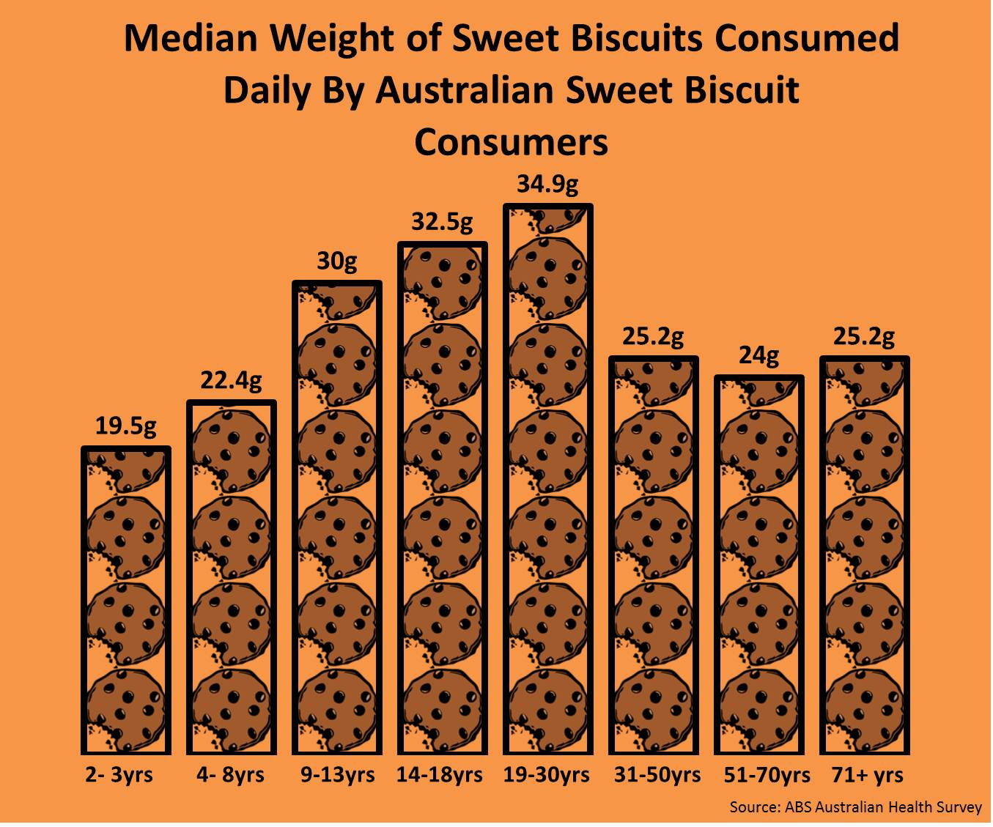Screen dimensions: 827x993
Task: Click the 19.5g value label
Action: [x=126, y=426]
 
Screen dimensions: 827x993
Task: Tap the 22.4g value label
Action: [x=231, y=381]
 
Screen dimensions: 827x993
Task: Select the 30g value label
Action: [x=337, y=261]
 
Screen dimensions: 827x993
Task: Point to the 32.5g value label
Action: [x=442, y=222]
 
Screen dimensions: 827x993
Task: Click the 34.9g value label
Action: [x=547, y=184]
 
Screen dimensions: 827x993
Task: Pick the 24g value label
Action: [x=758, y=356]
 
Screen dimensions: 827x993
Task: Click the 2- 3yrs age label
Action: [x=119, y=775]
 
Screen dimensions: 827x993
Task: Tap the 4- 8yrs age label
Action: [x=231, y=775]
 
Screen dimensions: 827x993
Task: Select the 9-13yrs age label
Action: [x=337, y=775]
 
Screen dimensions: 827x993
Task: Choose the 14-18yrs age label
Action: [x=440, y=775]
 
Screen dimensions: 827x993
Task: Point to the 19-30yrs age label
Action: [x=547, y=775]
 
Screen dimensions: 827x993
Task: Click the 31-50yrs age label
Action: [x=657, y=775]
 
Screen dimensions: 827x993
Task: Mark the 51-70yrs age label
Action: [x=767, y=775]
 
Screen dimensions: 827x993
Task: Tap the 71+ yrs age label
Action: [x=868, y=775]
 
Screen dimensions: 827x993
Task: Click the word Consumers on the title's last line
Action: [x=512, y=142]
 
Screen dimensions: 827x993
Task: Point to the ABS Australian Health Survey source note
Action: [x=855, y=807]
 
